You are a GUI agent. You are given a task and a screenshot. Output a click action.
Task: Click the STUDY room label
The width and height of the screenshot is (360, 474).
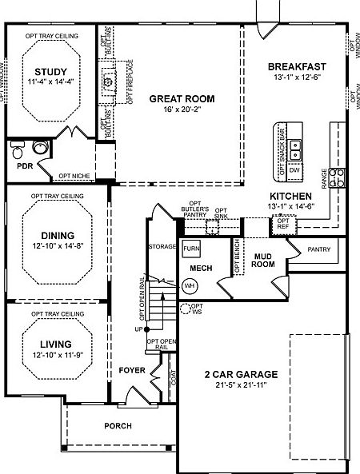50,72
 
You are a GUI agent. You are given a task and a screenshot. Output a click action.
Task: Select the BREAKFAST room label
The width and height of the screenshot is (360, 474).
296,66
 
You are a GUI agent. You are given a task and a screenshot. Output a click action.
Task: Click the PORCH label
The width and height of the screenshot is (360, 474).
118,426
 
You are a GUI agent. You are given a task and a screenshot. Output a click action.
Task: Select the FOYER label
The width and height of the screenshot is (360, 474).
132,370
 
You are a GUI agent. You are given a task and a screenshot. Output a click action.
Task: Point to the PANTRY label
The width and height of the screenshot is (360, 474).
318,249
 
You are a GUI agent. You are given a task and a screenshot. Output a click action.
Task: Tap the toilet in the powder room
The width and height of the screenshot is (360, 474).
38,148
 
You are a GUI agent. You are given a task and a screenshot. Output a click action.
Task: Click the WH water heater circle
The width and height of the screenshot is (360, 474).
190,285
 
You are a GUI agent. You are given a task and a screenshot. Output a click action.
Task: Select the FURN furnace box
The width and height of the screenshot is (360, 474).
190,248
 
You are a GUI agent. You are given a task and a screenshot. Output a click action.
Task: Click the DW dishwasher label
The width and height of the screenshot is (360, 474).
294,170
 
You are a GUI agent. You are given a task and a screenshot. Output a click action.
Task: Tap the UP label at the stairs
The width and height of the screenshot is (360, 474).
137,329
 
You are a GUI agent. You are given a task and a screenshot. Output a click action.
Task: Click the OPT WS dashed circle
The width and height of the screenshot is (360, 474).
186,308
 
